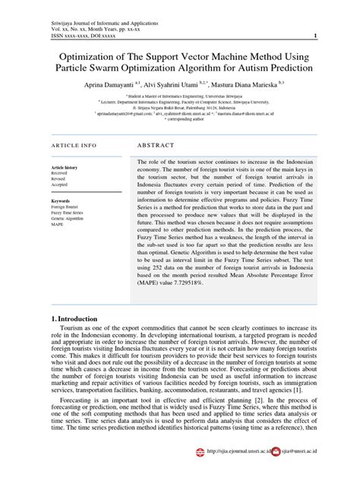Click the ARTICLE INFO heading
(x=74, y=144)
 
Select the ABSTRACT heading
(x=156, y=144)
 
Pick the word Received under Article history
(x=59, y=173)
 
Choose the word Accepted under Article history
(x=59, y=185)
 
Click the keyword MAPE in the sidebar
(x=58, y=225)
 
